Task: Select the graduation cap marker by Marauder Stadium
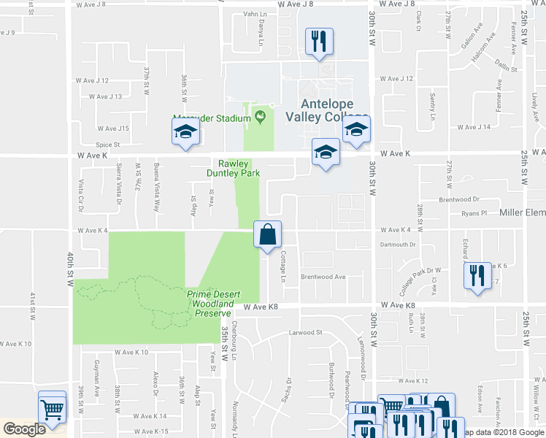tap(185, 134)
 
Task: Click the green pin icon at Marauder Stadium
tap(259, 115)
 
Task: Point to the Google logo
tap(24, 429)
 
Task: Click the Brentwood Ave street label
tap(323, 277)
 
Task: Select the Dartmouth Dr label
tap(397, 245)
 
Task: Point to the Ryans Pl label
tap(474, 213)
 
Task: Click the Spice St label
tap(107, 145)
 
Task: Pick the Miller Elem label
tap(521, 212)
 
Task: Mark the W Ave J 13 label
tap(105, 96)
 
